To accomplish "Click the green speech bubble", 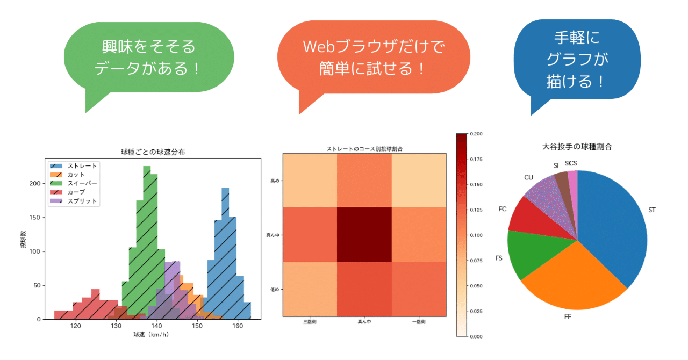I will [149, 57].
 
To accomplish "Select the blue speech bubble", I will [577, 59].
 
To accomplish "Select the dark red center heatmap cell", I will [364, 234].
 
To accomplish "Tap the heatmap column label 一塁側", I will [419, 322].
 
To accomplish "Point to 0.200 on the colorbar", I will [475, 134].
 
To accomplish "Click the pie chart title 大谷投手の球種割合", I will [577, 146].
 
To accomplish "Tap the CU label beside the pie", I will [528, 177].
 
